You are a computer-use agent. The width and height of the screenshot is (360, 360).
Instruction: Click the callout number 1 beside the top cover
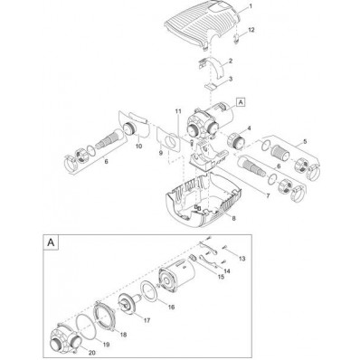251,6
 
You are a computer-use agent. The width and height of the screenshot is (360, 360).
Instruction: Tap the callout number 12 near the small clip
251,30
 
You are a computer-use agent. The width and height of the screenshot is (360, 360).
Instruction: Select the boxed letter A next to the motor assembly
241,102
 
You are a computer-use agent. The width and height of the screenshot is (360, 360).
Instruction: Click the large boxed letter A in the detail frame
51,242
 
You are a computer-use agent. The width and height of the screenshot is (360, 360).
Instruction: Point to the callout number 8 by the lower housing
233,218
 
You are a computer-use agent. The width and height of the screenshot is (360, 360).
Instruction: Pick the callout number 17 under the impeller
147,320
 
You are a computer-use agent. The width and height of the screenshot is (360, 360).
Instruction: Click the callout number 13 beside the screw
242,259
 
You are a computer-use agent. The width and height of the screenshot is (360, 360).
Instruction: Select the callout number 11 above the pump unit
178,111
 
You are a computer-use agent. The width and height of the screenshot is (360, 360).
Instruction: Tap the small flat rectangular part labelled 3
211,87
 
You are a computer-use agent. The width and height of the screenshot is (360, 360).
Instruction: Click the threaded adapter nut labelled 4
235,139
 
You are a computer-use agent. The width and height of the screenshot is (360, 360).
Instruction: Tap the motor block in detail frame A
176,275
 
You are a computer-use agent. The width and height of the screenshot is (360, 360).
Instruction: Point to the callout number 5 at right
305,140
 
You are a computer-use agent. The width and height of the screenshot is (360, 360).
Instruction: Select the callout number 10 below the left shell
138,147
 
